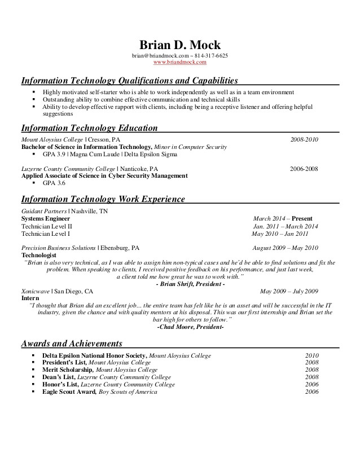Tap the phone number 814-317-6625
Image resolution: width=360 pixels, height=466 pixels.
(212, 56)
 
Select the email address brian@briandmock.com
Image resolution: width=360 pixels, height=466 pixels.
(159, 56)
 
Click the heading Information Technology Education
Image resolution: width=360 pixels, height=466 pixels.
(89, 128)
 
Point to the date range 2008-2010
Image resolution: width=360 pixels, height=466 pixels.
(304, 139)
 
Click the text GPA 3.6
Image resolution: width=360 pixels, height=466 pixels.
(54, 183)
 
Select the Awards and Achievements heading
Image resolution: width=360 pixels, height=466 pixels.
(72, 343)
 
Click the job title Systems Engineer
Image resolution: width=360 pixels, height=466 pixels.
(46, 218)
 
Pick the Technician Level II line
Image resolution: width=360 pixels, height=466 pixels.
(47, 226)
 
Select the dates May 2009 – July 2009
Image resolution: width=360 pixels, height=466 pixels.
(289, 292)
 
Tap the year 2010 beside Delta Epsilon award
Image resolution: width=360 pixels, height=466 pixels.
(312, 356)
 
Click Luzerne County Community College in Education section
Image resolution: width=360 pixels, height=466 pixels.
(68, 168)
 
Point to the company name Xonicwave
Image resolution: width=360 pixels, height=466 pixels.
(36, 292)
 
